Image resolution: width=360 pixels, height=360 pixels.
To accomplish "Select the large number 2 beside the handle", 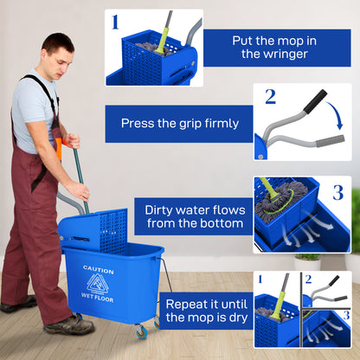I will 271,97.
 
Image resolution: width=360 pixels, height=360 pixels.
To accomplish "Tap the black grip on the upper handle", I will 314,101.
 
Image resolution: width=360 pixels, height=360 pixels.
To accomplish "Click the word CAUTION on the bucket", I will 99,269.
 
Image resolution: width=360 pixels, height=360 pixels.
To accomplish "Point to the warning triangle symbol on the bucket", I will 99,283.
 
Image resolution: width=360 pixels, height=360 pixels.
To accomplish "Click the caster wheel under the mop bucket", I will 140,332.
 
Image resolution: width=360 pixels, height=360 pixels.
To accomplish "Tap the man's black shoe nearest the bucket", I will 69,325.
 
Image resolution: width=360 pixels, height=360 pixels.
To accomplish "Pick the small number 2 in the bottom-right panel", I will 307,279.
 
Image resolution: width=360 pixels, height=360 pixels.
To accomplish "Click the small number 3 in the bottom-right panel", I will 344,315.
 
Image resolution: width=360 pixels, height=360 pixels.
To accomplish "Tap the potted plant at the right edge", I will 305,259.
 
